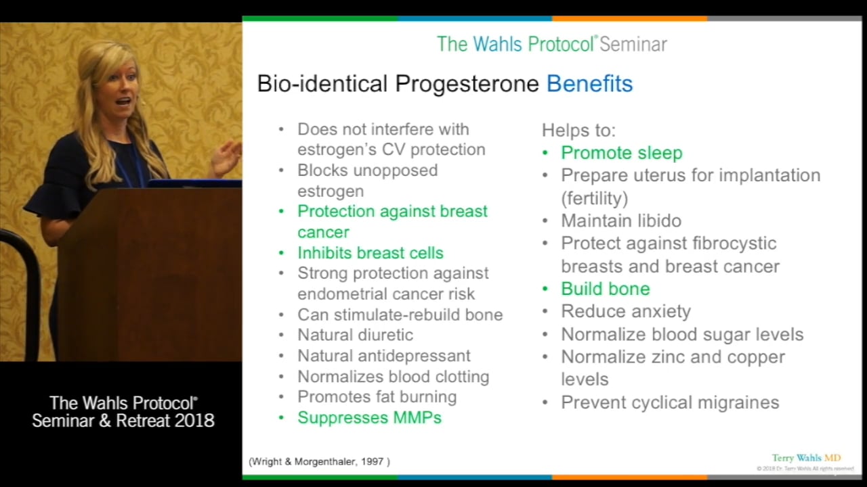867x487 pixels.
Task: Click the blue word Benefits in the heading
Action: click(589, 84)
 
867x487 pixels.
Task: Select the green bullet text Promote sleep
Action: click(621, 153)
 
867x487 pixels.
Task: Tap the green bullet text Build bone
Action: click(605, 289)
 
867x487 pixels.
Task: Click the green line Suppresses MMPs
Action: click(369, 417)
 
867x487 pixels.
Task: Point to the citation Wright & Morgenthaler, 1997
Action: click(319, 461)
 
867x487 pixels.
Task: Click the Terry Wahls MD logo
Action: click(805, 458)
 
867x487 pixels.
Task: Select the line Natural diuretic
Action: click(355, 335)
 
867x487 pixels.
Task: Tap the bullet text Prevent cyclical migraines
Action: click(669, 402)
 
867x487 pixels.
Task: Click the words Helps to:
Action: click(578, 131)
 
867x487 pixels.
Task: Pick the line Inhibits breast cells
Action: click(370, 253)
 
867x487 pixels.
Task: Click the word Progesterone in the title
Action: click(467, 84)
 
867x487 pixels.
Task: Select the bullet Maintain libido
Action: click(620, 221)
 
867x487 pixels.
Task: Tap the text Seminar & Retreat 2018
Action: click(123, 421)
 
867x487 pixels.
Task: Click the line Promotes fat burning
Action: click(377, 397)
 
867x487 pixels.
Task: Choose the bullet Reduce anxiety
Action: click(625, 311)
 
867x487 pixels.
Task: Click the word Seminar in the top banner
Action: click(633, 45)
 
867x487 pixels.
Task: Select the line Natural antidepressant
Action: click(383, 356)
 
